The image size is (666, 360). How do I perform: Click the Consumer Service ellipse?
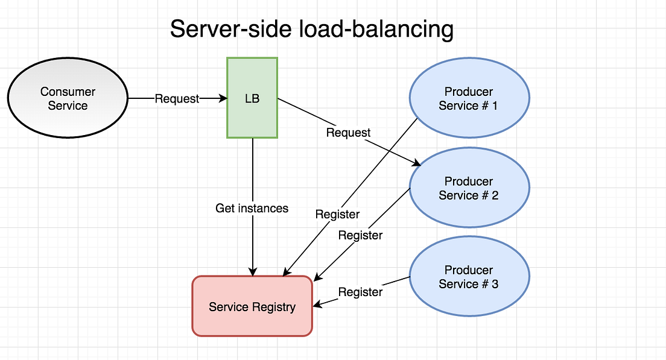[x=68, y=98]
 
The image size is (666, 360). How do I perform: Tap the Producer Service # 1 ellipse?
[x=469, y=98]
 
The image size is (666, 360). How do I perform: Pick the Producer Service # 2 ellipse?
[x=469, y=188]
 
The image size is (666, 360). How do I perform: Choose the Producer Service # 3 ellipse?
[x=469, y=277]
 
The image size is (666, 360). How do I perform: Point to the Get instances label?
[x=252, y=209]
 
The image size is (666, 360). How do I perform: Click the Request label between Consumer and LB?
[x=177, y=99]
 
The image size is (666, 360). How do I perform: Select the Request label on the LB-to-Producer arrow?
[x=348, y=133]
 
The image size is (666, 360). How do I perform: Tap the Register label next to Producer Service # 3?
[x=360, y=292]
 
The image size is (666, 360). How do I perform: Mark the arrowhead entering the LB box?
[x=222, y=98]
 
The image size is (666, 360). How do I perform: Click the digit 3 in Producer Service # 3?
[x=495, y=284]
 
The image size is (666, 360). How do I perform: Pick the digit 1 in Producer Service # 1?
[x=495, y=106]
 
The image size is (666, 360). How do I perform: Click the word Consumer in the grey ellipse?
[x=68, y=92]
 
